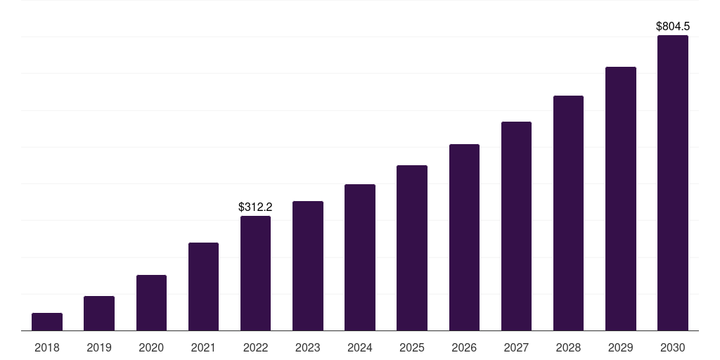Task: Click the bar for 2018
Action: coord(47,322)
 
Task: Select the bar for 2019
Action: coord(99,314)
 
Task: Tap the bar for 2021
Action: coord(203,287)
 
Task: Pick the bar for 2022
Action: coord(255,274)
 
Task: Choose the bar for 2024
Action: coord(360,257)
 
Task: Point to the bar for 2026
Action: coord(464,238)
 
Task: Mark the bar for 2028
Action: coord(568,213)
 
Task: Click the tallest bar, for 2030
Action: coord(673,183)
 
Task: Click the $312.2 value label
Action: coord(255,207)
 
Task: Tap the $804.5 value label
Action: coord(673,26)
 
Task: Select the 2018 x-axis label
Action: coord(47,347)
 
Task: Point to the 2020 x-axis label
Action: coord(151,347)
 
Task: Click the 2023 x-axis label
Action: coord(308,347)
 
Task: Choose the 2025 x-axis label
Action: coord(412,347)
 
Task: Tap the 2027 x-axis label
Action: coord(516,347)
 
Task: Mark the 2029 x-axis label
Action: coord(620,347)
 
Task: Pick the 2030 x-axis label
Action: coord(673,347)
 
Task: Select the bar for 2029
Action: coord(620,199)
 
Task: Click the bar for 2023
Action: coord(308,266)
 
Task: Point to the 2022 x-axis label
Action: coord(255,347)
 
